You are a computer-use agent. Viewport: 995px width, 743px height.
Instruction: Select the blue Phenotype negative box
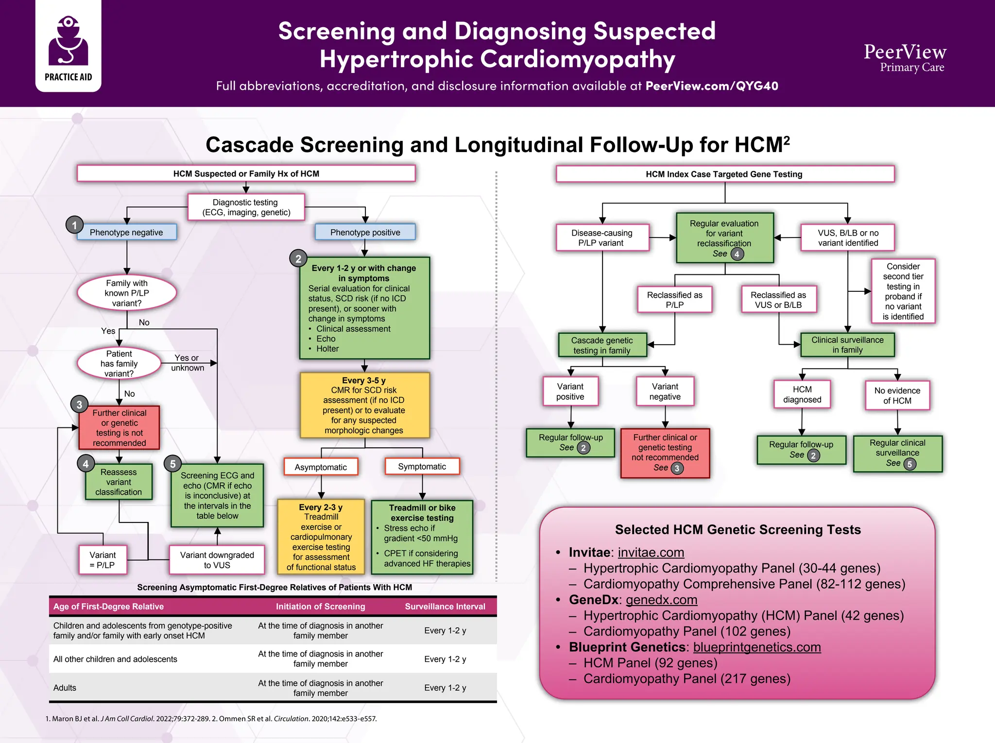click(126, 233)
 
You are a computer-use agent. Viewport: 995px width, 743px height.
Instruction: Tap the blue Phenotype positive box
click(365, 233)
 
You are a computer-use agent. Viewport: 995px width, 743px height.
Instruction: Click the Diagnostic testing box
click(246, 207)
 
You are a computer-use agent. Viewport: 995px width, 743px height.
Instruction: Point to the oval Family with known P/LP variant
click(127, 293)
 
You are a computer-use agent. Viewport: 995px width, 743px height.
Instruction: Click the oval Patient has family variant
click(119, 364)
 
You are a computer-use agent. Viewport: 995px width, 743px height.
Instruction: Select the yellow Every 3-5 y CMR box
click(364, 405)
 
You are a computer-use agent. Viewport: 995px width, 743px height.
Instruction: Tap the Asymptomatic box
click(321, 467)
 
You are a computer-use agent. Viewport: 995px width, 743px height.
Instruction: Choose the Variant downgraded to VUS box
click(217, 560)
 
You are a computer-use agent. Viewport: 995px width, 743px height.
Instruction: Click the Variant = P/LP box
click(103, 560)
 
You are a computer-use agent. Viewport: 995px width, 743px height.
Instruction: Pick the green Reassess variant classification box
click(119, 482)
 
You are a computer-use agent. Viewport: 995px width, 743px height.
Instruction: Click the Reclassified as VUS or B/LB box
click(778, 300)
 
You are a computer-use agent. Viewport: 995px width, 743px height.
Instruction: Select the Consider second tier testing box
click(903, 291)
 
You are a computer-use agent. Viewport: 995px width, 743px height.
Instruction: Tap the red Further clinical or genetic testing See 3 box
click(665, 453)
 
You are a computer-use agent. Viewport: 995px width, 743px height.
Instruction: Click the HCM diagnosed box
click(802, 394)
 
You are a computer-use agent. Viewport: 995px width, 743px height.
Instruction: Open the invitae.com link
click(651, 553)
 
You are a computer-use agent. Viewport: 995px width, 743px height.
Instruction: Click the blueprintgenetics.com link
click(756, 647)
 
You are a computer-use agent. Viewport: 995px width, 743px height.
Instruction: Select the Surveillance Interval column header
click(445, 607)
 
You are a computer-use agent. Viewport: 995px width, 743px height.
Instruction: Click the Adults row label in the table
click(65, 688)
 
